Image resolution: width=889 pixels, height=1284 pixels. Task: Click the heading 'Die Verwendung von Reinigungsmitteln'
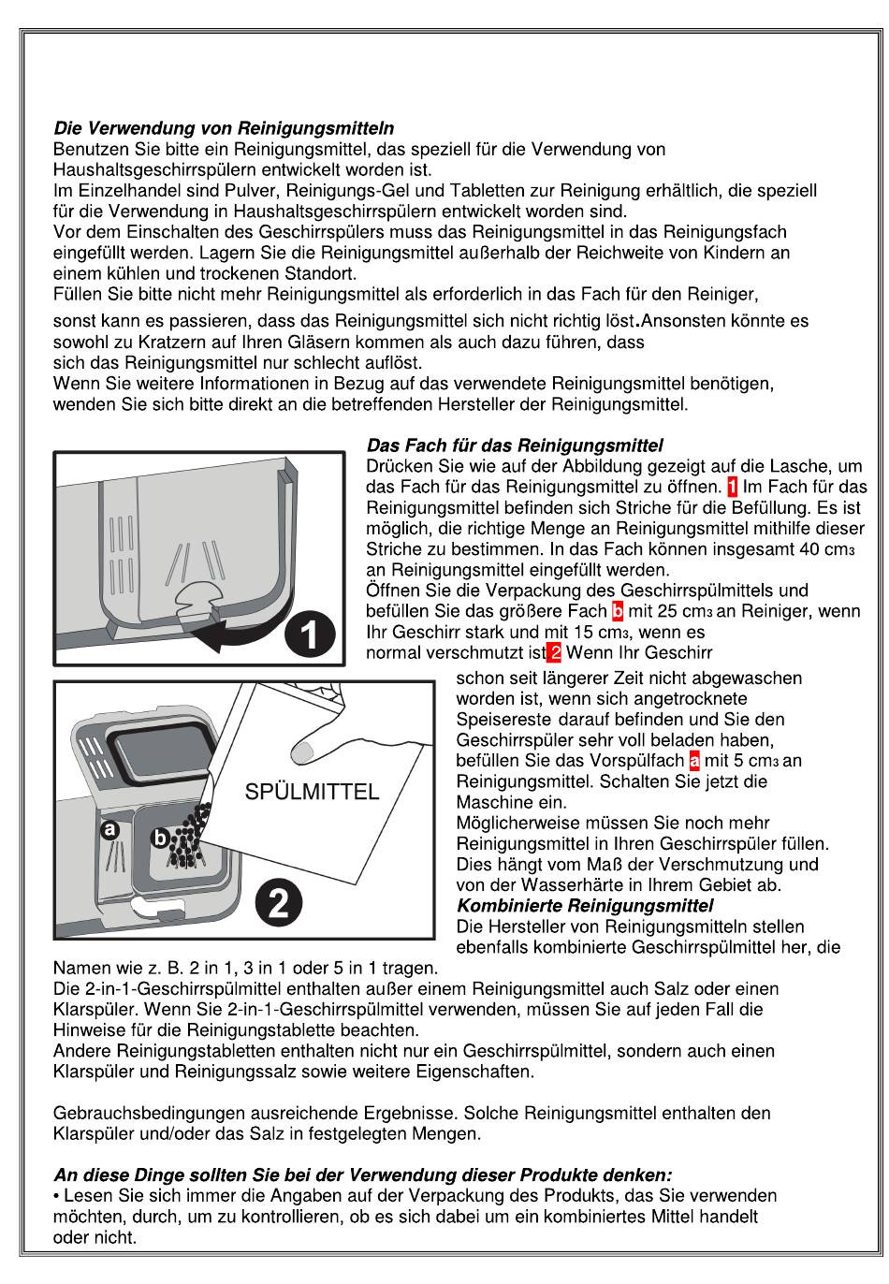coord(224,128)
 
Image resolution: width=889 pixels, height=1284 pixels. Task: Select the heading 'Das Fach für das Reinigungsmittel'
coord(515,445)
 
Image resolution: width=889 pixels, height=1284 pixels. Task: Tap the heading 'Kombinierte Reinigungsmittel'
coord(585,906)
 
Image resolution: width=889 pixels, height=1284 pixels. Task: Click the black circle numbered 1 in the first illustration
coord(310,635)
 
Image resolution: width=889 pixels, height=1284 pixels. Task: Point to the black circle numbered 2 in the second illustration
coord(279,904)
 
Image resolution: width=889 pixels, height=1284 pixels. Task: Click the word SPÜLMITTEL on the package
coord(312,792)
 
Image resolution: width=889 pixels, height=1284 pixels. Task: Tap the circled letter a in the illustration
coord(109,829)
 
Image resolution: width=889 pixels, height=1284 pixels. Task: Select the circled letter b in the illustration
coord(159,838)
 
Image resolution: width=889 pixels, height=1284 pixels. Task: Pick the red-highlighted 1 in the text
coord(732,487)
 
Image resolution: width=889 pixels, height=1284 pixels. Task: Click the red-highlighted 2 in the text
coord(554,652)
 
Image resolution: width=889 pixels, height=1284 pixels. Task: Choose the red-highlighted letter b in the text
coord(618,611)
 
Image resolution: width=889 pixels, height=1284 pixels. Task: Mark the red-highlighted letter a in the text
coord(694,761)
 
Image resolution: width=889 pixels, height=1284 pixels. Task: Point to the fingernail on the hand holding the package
coord(302,751)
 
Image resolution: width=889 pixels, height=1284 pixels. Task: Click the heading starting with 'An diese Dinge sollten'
coord(363,1175)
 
